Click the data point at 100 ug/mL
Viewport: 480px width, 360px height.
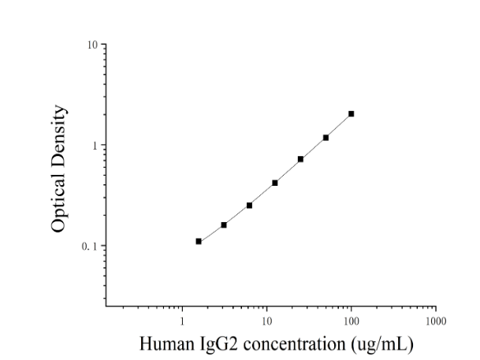pyautogui.click(x=351, y=113)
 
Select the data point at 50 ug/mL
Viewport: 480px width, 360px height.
pyautogui.click(x=326, y=138)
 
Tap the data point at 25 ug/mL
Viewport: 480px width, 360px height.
pyautogui.click(x=300, y=159)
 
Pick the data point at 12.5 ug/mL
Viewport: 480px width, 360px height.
pyautogui.click(x=275, y=183)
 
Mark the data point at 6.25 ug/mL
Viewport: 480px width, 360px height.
pyautogui.click(x=249, y=206)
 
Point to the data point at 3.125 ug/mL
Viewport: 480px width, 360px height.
pyautogui.click(x=224, y=225)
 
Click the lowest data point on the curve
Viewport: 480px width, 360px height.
pyautogui.click(x=199, y=241)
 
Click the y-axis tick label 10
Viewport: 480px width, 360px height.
pyautogui.click(x=92, y=45)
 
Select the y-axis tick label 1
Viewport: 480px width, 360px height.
pyautogui.click(x=95, y=146)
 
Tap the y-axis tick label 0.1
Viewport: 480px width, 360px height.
pyautogui.click(x=89, y=247)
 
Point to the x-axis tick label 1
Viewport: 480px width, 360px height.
pyautogui.click(x=182, y=321)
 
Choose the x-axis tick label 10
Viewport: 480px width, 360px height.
pyautogui.click(x=266, y=321)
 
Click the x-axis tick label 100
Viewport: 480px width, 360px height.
pyautogui.click(x=351, y=321)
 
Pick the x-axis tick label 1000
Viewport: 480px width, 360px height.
pyautogui.click(x=436, y=321)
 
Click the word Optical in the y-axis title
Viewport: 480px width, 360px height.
pyautogui.click(x=58, y=202)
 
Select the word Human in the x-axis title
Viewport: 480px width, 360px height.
pyautogui.click(x=167, y=343)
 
